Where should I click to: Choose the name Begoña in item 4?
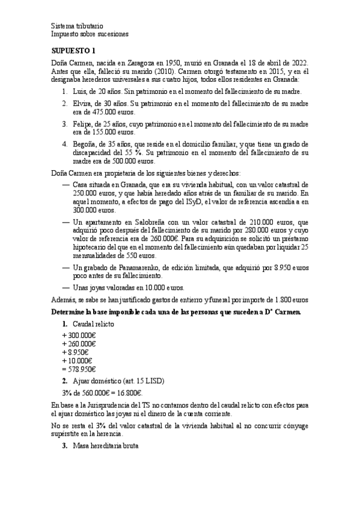85,144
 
